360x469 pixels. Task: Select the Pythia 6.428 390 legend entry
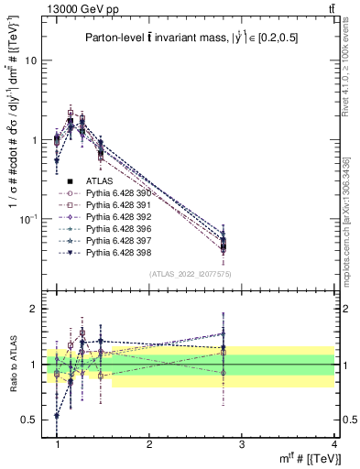119,194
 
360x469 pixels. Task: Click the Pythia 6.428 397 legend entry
119,240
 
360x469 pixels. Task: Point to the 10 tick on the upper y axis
34,60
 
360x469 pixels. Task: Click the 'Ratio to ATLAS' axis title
11,364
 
